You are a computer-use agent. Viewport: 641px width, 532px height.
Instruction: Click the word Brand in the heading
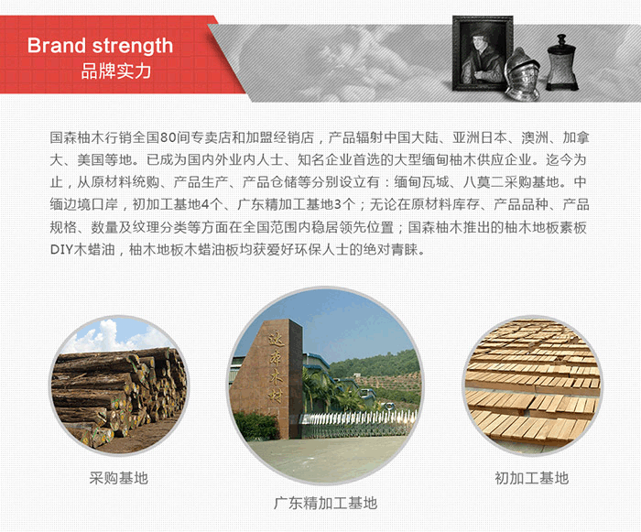[x=56, y=45]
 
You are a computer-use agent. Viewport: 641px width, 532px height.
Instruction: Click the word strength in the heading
[x=133, y=46]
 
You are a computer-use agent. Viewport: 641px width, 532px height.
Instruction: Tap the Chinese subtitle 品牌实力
[x=116, y=71]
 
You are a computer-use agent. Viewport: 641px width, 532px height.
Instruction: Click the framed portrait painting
[x=482, y=53]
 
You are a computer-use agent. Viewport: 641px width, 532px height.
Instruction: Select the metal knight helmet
[x=523, y=73]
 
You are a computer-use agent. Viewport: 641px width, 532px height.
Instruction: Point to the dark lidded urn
[x=561, y=62]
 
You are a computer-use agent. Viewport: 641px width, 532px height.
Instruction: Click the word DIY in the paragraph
[x=61, y=249]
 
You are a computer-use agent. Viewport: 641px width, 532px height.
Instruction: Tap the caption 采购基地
[x=118, y=478]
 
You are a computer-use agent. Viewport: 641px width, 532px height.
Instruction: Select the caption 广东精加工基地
[x=325, y=503]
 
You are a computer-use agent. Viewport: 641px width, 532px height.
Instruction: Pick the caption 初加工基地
[x=532, y=478]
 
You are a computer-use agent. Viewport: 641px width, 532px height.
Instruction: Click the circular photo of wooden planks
[x=533, y=385]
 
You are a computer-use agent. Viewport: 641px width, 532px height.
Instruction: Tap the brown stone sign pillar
[x=266, y=378]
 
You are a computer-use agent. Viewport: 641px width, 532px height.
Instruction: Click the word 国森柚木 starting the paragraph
[x=77, y=137]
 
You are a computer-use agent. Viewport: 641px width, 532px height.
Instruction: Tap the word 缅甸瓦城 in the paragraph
[x=421, y=182]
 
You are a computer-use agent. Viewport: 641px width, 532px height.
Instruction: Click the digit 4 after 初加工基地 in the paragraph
[x=205, y=205]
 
